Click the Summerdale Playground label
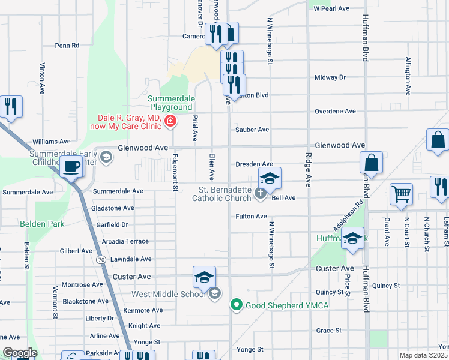point(175,103)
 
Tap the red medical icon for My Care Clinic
point(170,122)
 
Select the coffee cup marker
point(72,167)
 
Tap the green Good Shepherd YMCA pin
point(237,305)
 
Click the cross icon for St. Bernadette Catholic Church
point(260,193)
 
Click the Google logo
point(19,353)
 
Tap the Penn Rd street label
point(67,45)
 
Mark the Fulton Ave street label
point(251,216)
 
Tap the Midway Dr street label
point(330,77)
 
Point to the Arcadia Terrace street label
point(125,241)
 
